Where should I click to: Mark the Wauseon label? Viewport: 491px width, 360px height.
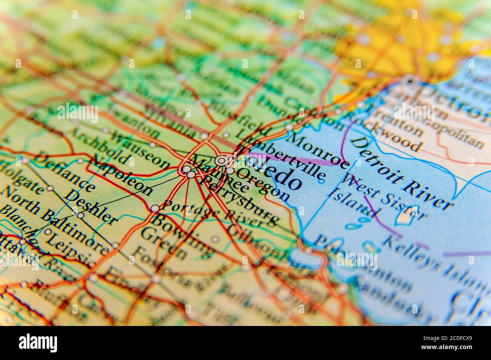tap(140, 151)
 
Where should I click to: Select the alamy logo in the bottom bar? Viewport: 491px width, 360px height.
tap(38, 343)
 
